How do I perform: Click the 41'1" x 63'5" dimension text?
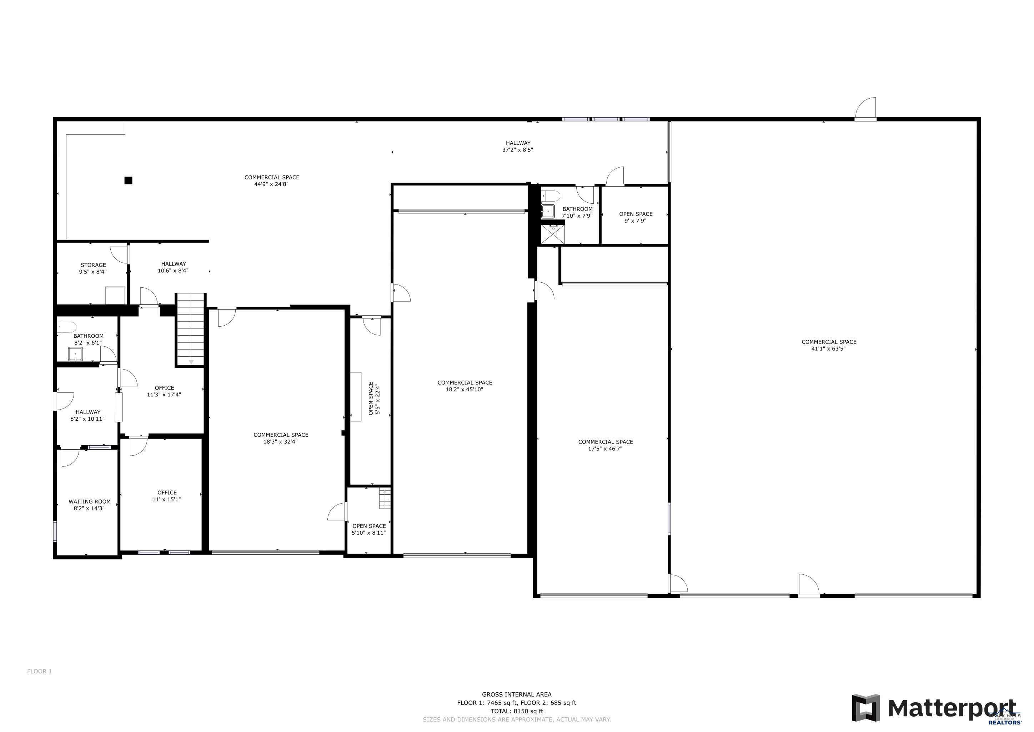829,348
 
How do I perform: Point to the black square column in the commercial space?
128,180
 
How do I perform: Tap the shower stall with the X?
553,234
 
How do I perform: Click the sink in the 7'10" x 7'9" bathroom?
548,211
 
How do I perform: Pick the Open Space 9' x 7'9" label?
636,217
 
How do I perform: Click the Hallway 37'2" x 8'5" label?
518,147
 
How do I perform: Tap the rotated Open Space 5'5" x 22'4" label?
374,399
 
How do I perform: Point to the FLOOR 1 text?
40,671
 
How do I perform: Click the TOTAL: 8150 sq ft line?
517,711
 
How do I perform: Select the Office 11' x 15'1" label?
167,496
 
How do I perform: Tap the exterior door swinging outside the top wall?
865,109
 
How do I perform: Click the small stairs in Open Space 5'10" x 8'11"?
385,499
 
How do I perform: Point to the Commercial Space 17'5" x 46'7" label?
606,445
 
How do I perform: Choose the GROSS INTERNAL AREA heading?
517,694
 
